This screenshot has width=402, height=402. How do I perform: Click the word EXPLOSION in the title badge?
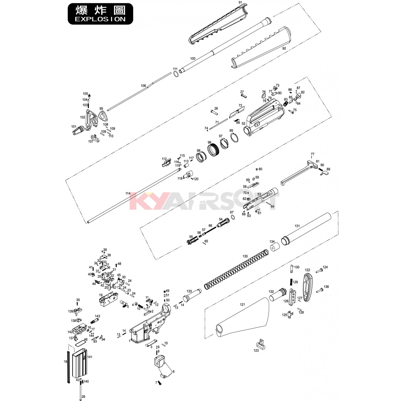click(x=100, y=19)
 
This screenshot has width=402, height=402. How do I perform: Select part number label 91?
click(x=240, y=3)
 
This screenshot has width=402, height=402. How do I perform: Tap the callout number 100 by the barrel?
click(x=193, y=59)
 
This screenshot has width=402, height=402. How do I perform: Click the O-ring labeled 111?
click(x=176, y=74)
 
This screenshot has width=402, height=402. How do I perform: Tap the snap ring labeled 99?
click(x=234, y=138)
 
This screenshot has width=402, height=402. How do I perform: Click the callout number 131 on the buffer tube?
click(x=297, y=226)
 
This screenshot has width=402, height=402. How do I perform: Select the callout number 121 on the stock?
click(x=242, y=305)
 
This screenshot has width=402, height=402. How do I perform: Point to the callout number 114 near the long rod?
click(x=128, y=193)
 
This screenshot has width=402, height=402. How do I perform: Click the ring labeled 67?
click(x=233, y=217)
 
